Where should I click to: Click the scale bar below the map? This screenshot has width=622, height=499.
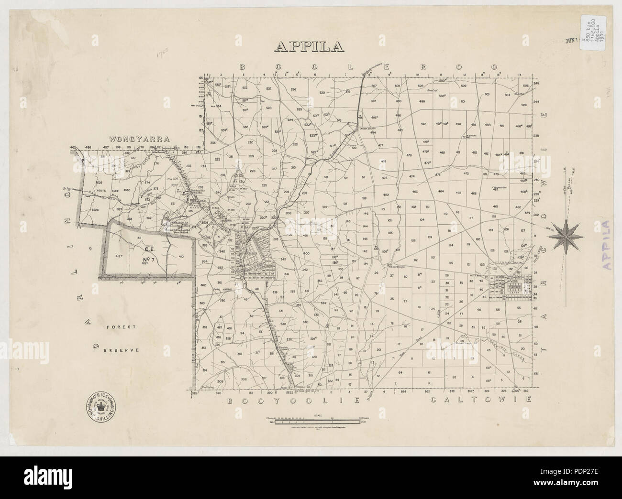(313, 421)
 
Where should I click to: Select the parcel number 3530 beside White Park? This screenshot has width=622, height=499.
(127, 190)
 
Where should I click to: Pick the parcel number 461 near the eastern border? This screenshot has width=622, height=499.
(495, 206)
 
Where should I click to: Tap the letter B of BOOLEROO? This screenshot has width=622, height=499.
(243, 67)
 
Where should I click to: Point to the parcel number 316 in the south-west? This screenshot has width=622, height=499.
(239, 354)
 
